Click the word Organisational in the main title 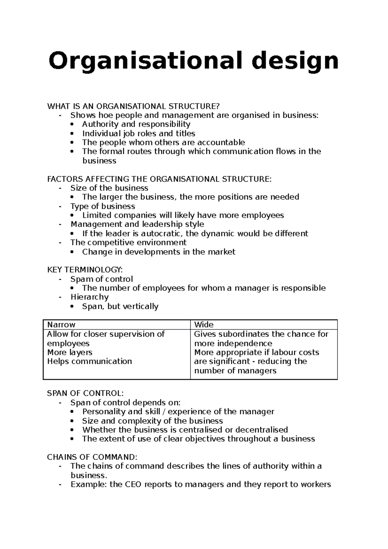pos(145,61)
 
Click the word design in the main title pos(295,61)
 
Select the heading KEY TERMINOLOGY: pos(85,270)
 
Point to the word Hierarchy pos(90,297)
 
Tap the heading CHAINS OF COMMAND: pos(92,457)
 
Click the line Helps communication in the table pos(90,361)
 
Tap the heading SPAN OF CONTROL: pos(85,393)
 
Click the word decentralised pos(261,430)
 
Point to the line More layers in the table pos(70,352)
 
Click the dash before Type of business pos(60,207)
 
